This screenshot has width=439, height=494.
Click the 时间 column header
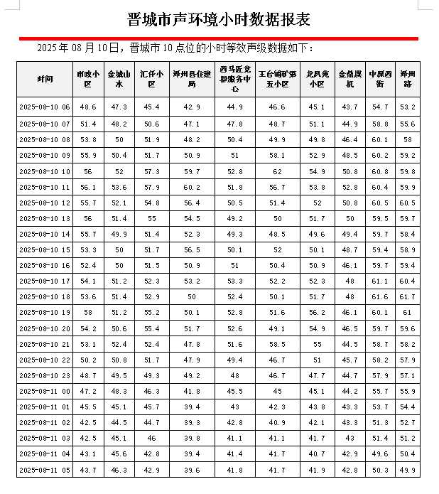[45, 78]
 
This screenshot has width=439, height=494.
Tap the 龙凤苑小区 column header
[317, 78]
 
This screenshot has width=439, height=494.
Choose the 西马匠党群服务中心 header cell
[234, 78]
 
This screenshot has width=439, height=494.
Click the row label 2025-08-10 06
[45, 107]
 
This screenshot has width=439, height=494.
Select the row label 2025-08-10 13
[45, 218]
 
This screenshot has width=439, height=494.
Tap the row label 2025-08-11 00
[45, 391]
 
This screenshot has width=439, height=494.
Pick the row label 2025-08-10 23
[45, 375]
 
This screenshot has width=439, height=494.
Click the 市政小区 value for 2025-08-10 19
[88, 312]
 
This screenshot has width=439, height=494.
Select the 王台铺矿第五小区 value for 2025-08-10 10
[276, 171]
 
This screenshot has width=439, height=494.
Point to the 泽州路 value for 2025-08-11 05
[408, 470]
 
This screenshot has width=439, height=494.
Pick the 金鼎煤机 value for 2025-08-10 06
[349, 107]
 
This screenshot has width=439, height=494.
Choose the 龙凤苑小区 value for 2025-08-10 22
[317, 360]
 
